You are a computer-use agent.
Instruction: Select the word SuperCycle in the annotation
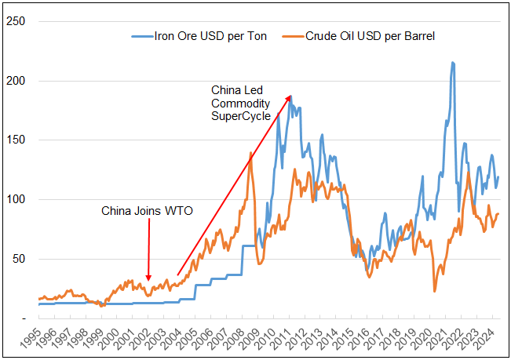(240, 116)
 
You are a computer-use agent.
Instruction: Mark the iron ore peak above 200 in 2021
(452, 63)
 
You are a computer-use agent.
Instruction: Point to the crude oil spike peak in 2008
(250, 153)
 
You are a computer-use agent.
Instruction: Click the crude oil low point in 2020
(435, 291)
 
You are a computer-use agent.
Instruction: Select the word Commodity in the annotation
(240, 104)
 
